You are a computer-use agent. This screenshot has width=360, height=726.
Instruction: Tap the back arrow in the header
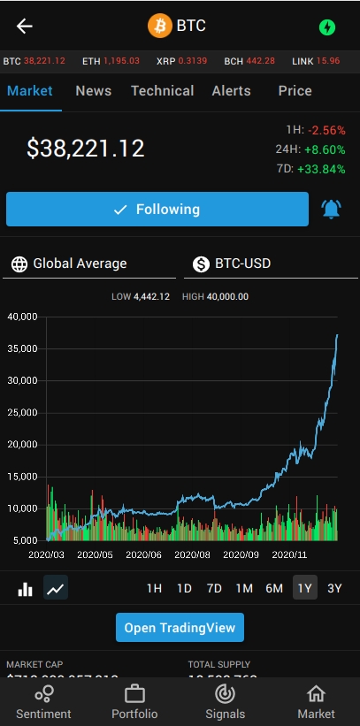(x=25, y=26)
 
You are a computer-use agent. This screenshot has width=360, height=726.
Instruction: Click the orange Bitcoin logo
(x=160, y=26)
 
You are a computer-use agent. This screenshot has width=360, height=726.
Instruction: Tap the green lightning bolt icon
(x=327, y=27)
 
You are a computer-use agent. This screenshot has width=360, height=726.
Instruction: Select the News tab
(x=93, y=91)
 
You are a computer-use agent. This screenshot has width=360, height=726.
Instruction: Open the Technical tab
(x=162, y=91)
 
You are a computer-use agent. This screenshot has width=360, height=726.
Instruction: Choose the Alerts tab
(x=231, y=91)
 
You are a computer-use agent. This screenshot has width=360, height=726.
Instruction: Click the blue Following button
(x=157, y=210)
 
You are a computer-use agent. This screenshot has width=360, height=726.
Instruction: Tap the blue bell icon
(x=331, y=210)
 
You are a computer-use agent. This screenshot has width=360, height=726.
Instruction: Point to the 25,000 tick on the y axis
(x=22, y=413)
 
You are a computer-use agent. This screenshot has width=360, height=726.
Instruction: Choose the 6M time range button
(x=274, y=588)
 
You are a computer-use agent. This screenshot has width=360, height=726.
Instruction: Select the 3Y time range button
(x=334, y=588)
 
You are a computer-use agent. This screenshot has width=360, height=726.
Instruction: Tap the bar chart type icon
(x=26, y=588)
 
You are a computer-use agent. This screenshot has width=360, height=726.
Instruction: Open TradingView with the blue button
(x=180, y=628)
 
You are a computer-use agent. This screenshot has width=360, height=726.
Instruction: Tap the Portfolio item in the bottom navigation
(x=134, y=702)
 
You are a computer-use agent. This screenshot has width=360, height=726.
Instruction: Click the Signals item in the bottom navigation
(x=225, y=702)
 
